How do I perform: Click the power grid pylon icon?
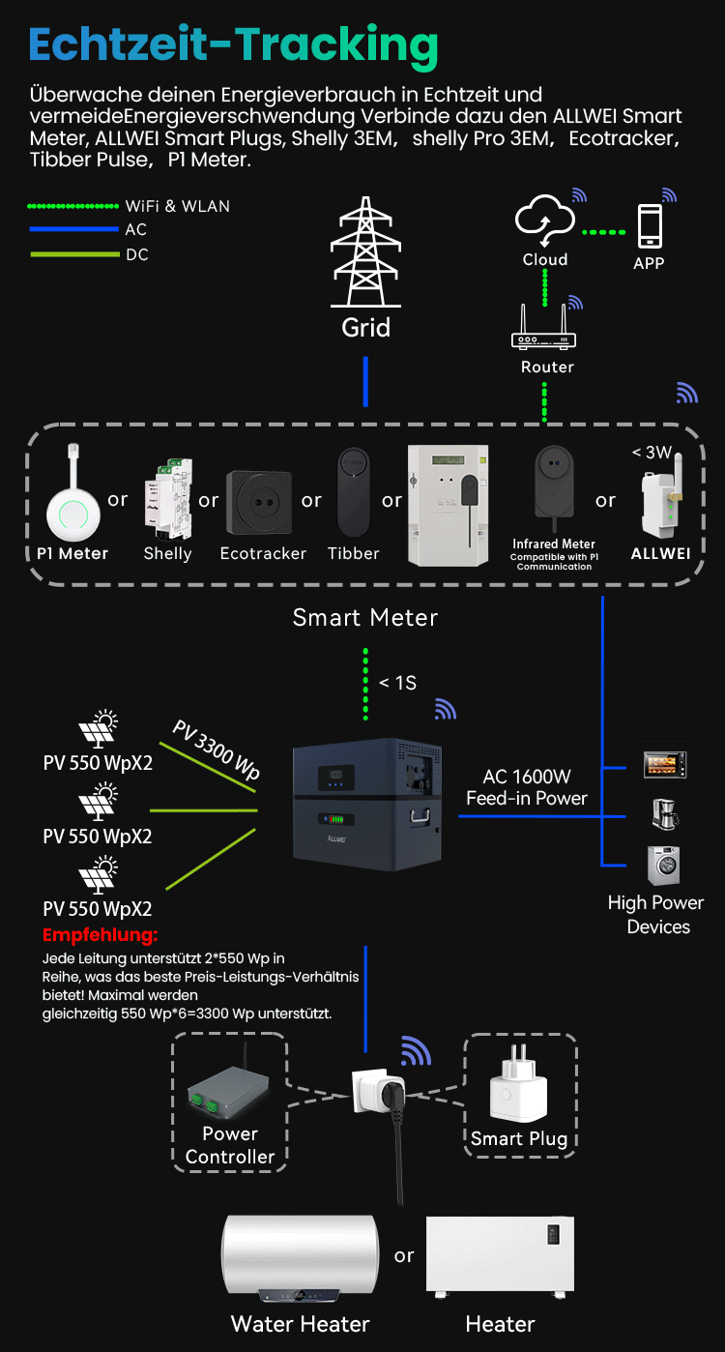click(x=365, y=252)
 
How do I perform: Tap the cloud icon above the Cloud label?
click(x=544, y=220)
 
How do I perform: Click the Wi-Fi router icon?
click(x=543, y=331)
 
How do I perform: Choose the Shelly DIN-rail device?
click(x=166, y=502)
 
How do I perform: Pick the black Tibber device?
click(x=353, y=492)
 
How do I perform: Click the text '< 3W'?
click(x=652, y=452)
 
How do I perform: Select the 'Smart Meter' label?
click(x=365, y=618)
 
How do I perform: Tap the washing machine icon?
click(x=663, y=865)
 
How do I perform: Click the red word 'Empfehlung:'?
click(x=100, y=936)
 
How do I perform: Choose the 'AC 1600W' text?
click(x=527, y=777)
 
